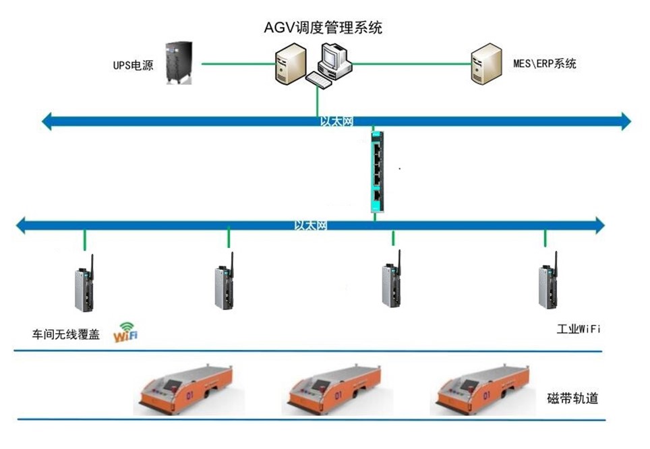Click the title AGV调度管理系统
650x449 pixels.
point(323,28)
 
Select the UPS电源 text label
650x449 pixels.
point(133,67)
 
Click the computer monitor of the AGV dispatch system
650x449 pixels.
point(335,57)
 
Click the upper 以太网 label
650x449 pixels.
point(336,121)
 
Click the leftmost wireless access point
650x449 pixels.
point(84,287)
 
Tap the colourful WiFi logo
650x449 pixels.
point(126,332)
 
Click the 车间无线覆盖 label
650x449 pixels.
point(66,334)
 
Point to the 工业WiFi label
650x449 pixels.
point(578,330)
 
